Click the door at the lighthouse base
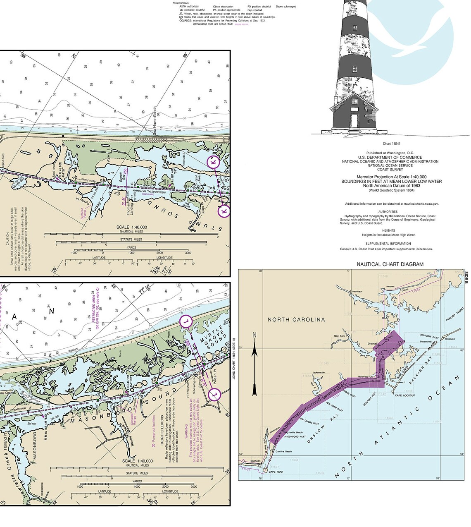click(354, 121)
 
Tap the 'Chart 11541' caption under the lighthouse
click(390, 144)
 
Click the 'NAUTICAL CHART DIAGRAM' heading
click(390, 264)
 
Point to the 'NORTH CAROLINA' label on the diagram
click(296, 319)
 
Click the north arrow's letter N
click(255, 335)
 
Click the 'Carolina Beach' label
click(284, 452)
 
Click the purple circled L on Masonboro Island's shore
click(186, 321)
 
